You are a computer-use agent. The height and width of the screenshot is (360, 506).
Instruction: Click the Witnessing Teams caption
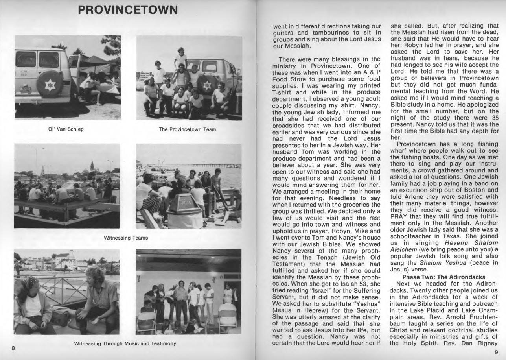[x=126, y=238]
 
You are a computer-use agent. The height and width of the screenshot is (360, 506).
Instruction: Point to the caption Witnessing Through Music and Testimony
[x=125, y=343]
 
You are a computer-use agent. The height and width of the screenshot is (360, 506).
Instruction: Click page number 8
[x=13, y=348]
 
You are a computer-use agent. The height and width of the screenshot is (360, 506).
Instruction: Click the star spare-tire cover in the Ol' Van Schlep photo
[x=50, y=85]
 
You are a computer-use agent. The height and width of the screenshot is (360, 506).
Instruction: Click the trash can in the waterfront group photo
[x=184, y=210]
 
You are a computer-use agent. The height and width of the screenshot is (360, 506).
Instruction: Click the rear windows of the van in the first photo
[x=38, y=60]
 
